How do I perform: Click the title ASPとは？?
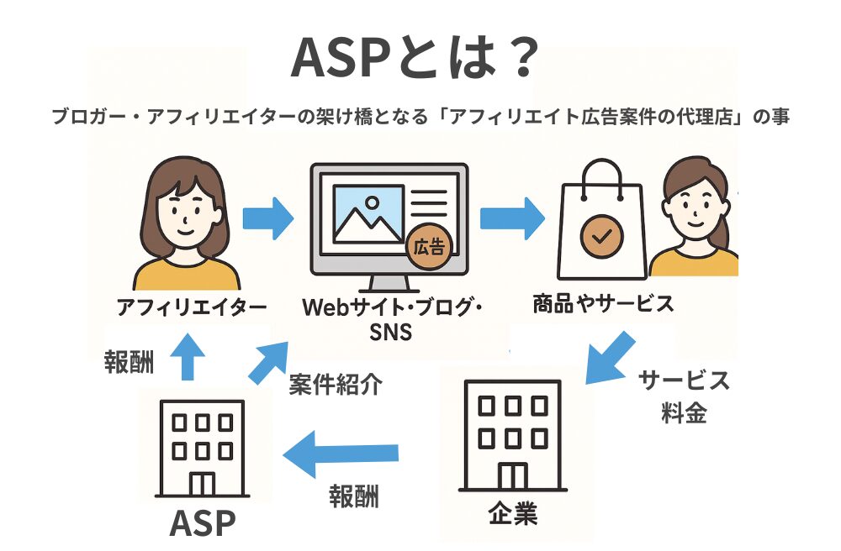tap(413, 57)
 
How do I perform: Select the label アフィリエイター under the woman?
tap(192, 307)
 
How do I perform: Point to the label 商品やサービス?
tap(603, 303)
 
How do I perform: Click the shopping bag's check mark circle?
tap(602, 238)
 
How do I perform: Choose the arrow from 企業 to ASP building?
tap(341, 454)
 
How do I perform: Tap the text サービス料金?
tap(683, 396)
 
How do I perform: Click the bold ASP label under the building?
tap(203, 522)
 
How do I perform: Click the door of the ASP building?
tap(201, 485)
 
